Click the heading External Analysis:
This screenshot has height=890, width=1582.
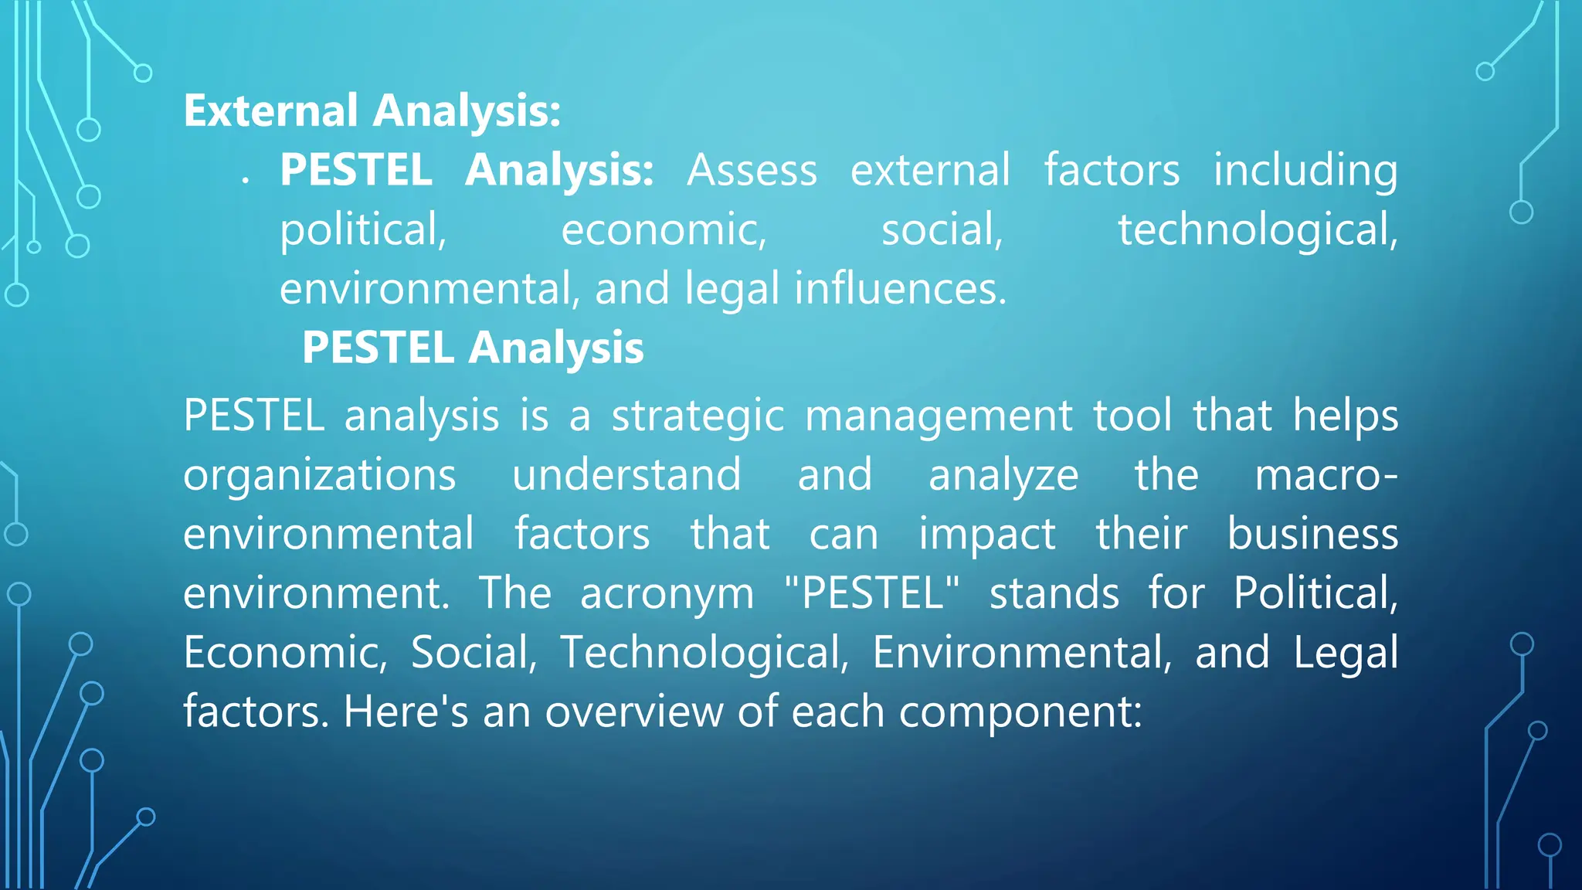tap(372, 110)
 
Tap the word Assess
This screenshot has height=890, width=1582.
tap(752, 170)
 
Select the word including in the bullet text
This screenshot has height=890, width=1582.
tap(1305, 170)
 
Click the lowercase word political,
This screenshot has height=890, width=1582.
tap(363, 229)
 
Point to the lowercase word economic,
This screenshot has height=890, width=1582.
tap(664, 229)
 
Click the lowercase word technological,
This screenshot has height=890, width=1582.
tap(1258, 229)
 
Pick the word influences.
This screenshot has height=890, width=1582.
tap(900, 288)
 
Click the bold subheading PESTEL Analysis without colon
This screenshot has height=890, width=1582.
tap(472, 347)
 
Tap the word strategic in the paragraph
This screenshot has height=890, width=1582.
tap(698, 416)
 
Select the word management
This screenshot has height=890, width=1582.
tap(939, 416)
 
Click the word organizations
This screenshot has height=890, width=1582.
tap(319, 474)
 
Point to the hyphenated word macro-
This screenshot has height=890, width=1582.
tap(1326, 474)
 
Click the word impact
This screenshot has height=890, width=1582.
tap(986, 534)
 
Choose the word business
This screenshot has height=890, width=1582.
tap(1312, 534)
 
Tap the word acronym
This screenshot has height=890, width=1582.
tap(667, 593)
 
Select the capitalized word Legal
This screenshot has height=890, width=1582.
tap(1346, 652)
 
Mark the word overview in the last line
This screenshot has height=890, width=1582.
tap(633, 712)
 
